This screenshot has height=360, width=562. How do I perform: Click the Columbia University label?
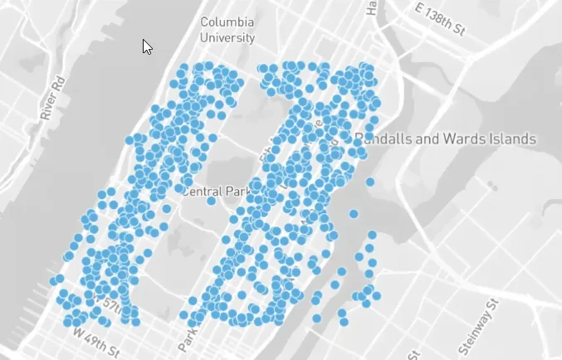227,29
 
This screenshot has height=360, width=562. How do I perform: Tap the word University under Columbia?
227,37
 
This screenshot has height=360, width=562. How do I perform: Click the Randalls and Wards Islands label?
445,138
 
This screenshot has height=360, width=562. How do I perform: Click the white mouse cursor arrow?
147,46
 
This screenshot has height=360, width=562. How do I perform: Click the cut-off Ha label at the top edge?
373,7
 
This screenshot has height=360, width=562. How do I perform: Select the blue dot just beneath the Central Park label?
212,201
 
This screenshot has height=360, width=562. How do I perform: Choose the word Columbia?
227,22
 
